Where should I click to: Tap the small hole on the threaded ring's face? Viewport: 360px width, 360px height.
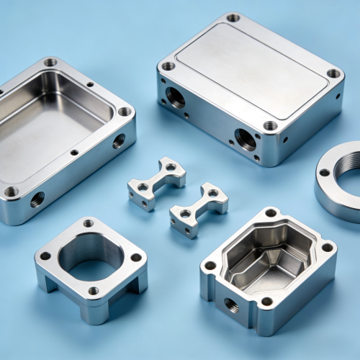(x=325, y=173)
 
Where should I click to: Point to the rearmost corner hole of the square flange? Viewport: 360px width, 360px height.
(x=88, y=223)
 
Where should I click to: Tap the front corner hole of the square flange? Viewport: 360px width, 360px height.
(x=94, y=291)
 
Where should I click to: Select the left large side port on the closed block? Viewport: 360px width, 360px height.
(x=175, y=96)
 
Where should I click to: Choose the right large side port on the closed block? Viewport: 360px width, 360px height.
(x=246, y=138)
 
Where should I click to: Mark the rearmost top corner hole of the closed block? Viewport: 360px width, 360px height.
(x=233, y=18)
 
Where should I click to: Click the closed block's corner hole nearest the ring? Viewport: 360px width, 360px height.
(x=333, y=73)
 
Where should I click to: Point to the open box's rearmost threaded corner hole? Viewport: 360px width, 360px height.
(x=50, y=63)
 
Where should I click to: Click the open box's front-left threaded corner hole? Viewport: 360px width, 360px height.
(x=11, y=192)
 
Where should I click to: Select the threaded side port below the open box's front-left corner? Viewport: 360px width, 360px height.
(x=37, y=199)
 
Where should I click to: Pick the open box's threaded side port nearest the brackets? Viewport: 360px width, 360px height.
(x=119, y=141)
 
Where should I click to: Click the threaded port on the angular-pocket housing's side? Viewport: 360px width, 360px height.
(x=230, y=305)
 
